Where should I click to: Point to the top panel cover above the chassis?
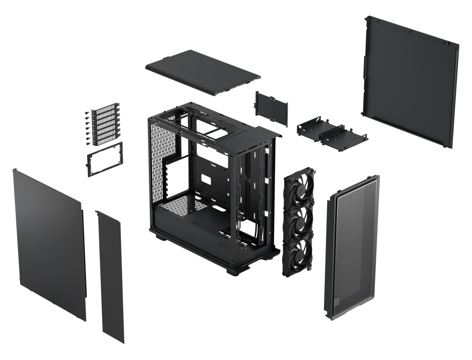[203, 72]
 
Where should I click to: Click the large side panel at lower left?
[49, 243]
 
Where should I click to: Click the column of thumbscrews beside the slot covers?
[87, 129]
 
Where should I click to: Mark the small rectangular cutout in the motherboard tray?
[207, 178]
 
